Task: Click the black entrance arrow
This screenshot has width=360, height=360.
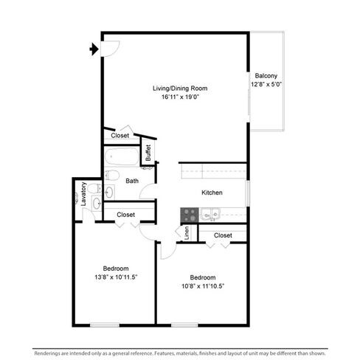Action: tap(94, 49)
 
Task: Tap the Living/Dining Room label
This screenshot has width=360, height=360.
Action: tap(180, 89)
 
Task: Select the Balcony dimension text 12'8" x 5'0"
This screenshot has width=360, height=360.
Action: tap(266, 84)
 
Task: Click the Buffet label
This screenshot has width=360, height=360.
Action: tap(148, 153)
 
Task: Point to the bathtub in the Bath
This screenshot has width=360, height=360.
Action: tap(122, 156)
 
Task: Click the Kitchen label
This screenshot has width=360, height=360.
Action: tap(212, 193)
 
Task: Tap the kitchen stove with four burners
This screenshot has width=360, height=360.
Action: tap(190, 215)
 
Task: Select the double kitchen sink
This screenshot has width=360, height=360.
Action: tap(210, 215)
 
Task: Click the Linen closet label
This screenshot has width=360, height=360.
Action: tap(187, 233)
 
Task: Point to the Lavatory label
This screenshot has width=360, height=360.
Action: tap(83, 194)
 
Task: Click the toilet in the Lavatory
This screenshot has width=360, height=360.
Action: tap(94, 188)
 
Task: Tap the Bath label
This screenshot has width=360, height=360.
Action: tap(132, 181)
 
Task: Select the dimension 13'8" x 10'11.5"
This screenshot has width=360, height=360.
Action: tap(116, 277)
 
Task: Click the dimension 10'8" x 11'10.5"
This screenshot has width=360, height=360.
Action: tap(203, 286)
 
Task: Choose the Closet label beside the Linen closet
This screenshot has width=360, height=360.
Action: tap(223, 235)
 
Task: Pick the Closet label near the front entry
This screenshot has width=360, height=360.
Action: tap(120, 136)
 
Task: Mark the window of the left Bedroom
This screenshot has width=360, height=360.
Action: tap(105, 325)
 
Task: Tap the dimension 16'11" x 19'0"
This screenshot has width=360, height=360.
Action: tap(180, 97)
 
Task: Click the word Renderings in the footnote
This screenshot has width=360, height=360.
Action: tap(47, 353)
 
